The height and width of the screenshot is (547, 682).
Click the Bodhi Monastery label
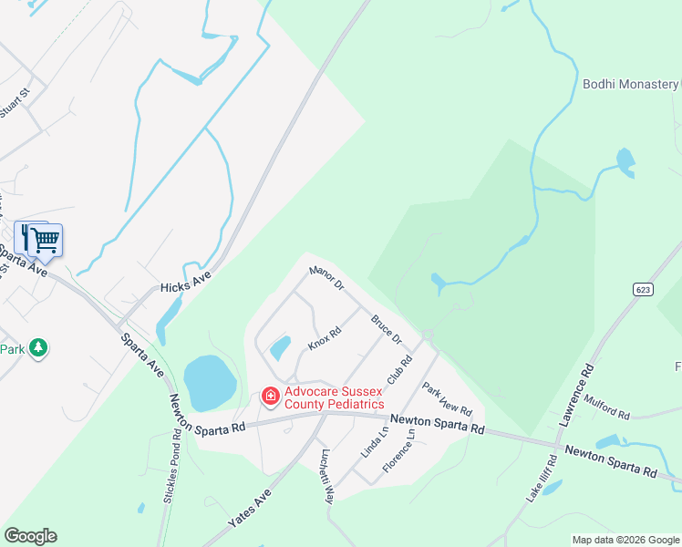(630, 84)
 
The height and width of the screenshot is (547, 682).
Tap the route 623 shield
(644, 288)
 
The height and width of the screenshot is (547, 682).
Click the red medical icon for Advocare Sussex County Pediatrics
(270, 397)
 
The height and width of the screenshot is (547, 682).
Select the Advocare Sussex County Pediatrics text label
(333, 397)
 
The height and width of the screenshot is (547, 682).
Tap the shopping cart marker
(45, 241)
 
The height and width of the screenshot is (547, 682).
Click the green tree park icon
(37, 347)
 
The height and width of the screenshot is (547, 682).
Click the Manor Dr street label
(326, 277)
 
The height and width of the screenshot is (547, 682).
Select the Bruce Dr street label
(387, 329)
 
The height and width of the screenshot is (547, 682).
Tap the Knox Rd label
(324, 337)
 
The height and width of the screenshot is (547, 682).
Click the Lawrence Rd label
(576, 393)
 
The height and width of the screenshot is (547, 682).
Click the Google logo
(31, 536)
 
